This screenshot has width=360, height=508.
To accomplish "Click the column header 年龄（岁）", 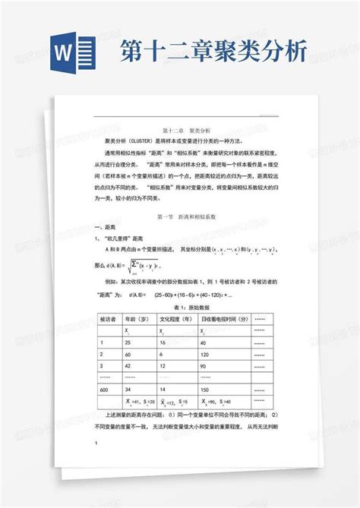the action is point(137,319).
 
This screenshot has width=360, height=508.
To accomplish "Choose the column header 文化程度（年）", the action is point(177,319).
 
